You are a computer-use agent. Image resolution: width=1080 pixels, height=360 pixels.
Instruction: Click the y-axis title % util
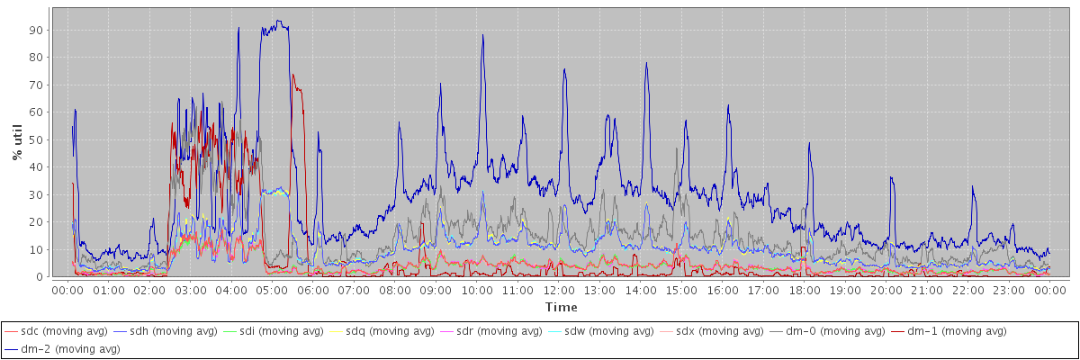[17, 142]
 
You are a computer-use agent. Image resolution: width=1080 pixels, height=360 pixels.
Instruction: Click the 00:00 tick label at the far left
[67, 291]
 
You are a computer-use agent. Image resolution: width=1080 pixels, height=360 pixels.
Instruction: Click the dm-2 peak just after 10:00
[483, 35]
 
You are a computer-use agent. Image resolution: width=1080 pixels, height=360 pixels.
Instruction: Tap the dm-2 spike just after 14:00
[646, 63]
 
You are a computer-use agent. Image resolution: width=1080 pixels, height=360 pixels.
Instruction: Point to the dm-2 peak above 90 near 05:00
[279, 22]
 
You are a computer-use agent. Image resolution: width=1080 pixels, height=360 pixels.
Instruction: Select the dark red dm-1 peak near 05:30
[293, 76]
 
